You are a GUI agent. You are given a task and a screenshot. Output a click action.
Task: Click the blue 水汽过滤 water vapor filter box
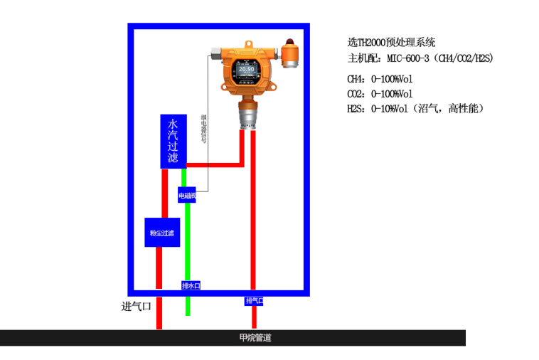point(173,141)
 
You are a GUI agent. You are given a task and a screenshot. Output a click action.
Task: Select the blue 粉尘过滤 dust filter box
point(162,233)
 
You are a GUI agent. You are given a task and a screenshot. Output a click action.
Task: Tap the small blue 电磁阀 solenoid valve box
point(186,194)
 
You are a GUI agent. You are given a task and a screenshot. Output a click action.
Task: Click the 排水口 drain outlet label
point(191,285)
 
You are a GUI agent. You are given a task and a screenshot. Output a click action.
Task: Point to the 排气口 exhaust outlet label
point(255,301)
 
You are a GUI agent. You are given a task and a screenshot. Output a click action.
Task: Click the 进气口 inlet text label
point(137,307)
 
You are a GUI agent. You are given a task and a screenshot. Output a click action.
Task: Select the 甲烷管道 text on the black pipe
point(255,338)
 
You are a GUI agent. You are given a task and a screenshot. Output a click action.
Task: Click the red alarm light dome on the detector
point(291,41)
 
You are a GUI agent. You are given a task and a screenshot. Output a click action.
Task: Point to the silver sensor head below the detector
point(248,114)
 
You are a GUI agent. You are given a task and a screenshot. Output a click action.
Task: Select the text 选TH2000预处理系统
point(391,43)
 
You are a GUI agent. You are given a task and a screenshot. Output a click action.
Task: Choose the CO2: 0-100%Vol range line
point(380,94)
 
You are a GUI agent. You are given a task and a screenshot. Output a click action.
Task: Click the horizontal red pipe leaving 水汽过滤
point(213,165)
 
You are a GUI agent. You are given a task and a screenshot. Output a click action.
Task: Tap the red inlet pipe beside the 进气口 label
point(159,313)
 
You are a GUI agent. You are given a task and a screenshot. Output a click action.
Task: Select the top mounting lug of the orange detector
point(248,45)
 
